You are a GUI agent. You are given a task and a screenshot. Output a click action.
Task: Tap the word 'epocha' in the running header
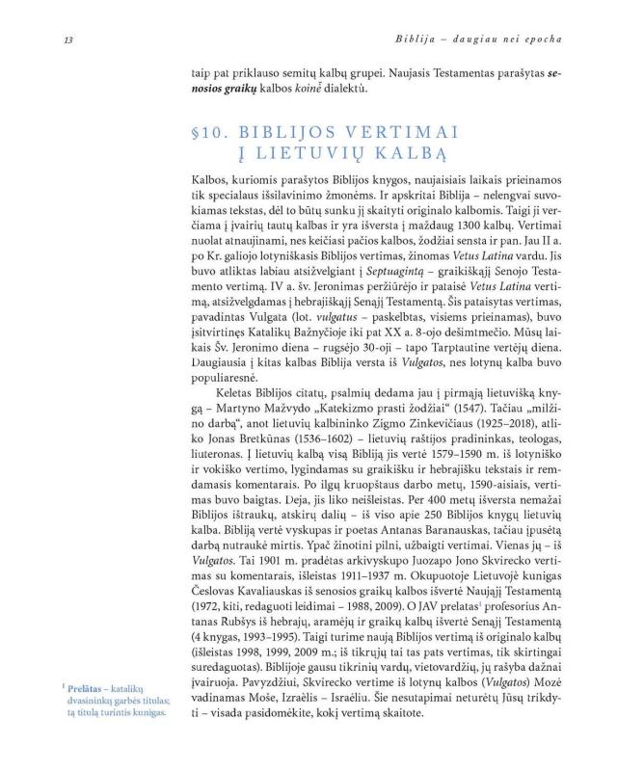544,40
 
